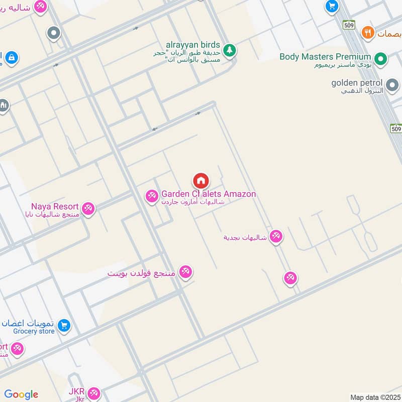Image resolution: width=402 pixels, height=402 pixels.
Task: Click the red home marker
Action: point(200,180)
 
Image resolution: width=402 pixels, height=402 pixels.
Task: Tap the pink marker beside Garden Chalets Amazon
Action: point(152,196)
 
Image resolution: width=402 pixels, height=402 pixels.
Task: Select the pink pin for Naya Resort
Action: point(88,208)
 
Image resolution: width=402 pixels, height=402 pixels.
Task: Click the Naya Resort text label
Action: point(55,207)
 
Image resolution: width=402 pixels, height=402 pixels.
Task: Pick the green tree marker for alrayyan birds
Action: point(230,49)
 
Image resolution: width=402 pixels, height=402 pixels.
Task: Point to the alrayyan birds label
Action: point(193,45)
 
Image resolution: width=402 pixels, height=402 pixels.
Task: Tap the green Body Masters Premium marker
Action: point(381,60)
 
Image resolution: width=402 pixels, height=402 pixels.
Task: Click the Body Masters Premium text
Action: point(325,57)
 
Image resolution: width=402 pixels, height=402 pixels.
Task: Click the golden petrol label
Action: point(357,83)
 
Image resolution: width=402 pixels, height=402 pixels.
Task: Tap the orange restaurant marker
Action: point(368,33)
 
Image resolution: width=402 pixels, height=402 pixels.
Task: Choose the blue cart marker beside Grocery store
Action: point(64,326)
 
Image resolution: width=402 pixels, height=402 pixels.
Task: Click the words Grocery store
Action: point(34,331)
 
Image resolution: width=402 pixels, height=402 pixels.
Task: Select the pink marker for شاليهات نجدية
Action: point(276,236)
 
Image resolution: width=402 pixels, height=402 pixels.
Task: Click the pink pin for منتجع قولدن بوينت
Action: point(186,272)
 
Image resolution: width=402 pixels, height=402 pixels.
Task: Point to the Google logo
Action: point(21,394)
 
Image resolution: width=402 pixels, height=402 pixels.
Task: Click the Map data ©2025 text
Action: point(374,397)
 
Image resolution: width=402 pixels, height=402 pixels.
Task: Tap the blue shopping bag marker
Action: point(11,58)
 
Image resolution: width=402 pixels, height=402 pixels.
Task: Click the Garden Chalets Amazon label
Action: point(209,194)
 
